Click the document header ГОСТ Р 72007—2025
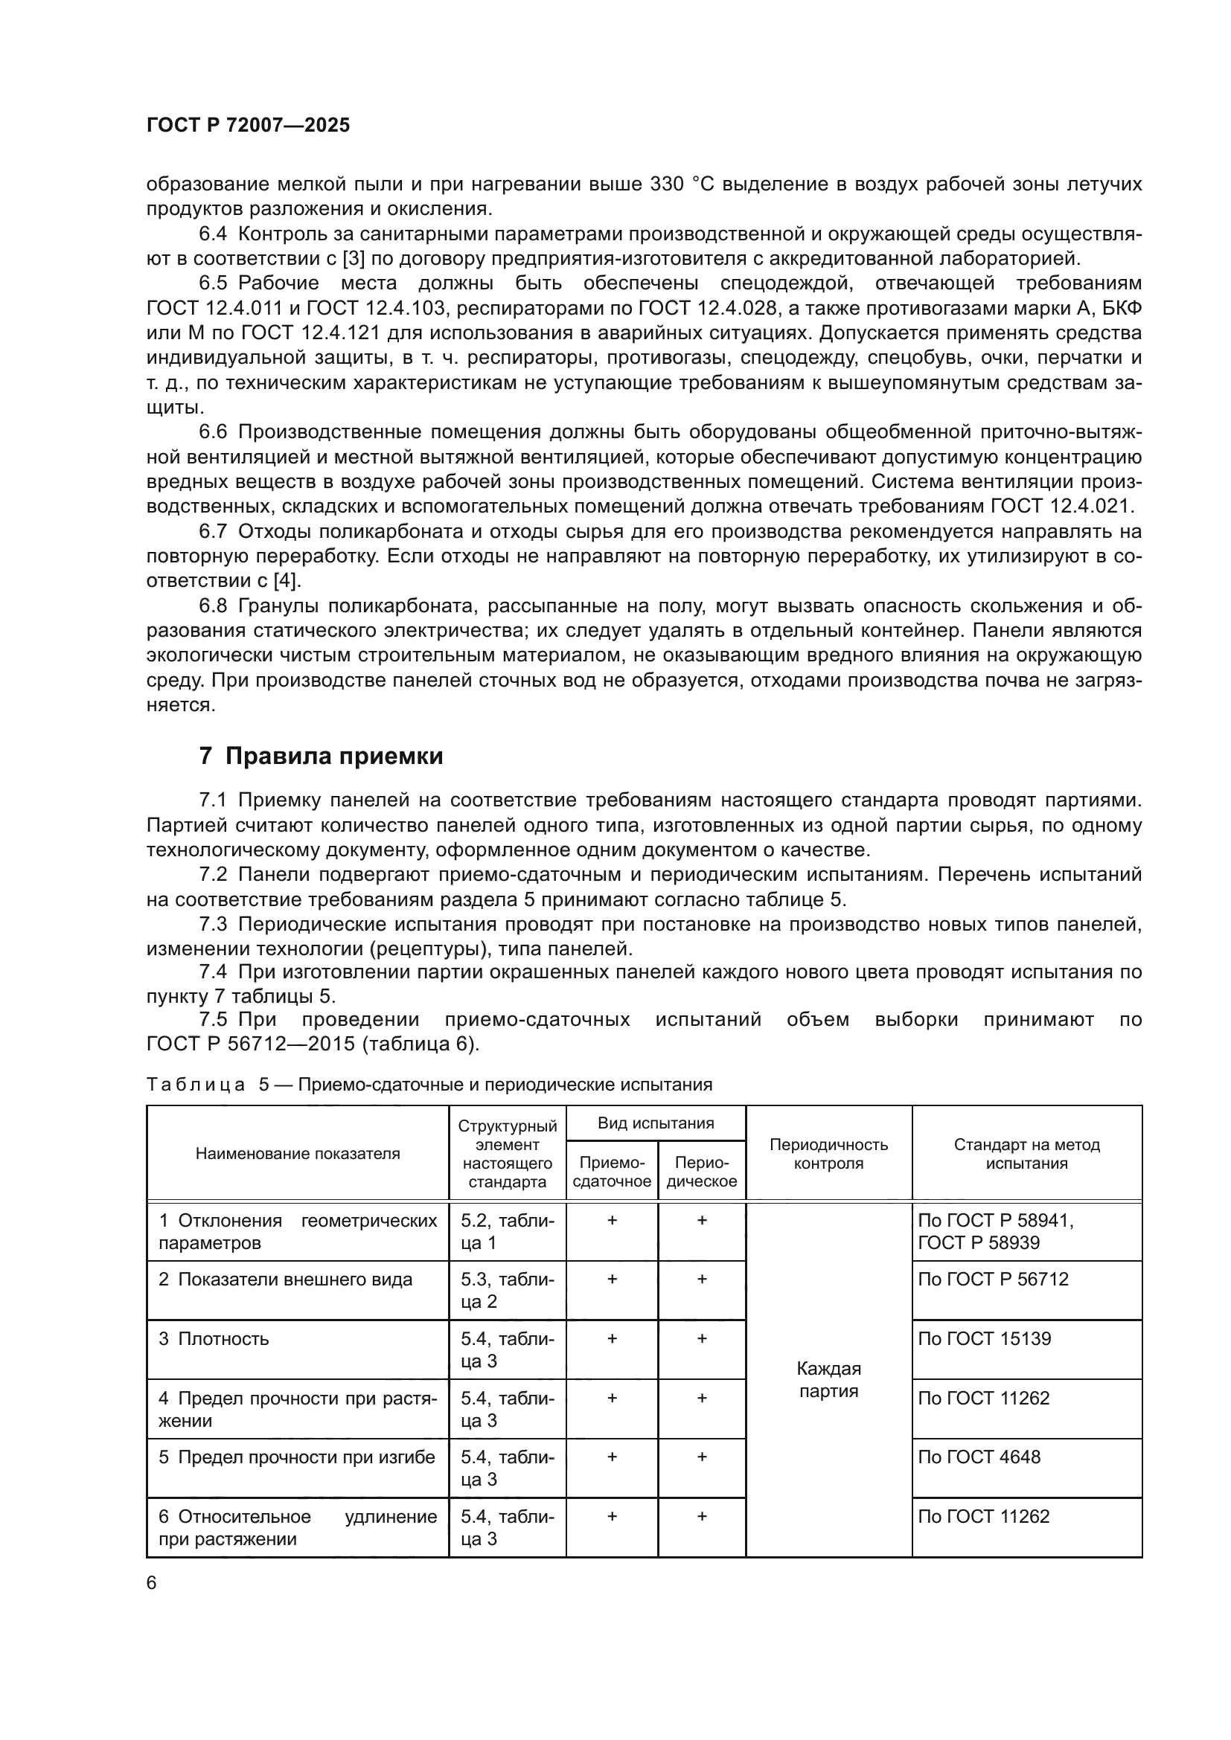(248, 125)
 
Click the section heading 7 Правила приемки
(321, 757)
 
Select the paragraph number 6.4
(213, 234)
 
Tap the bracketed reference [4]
(287, 580)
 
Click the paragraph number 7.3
(213, 924)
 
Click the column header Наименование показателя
(297, 1155)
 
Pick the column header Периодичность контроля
(828, 1155)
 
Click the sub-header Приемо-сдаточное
(612, 1172)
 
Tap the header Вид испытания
(656, 1123)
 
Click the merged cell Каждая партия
(828, 1379)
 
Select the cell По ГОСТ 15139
(984, 1339)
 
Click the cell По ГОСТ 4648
(979, 1457)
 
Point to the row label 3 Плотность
(214, 1339)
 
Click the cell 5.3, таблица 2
(507, 1291)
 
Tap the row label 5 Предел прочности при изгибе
(296, 1457)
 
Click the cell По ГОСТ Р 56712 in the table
(992, 1280)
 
